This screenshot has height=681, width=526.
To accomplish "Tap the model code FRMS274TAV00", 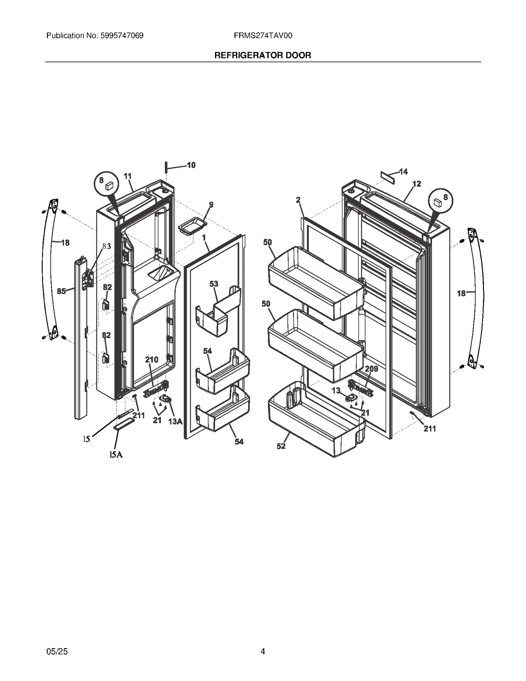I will pos(263,36).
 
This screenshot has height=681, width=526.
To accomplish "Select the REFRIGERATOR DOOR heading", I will pos(263,55).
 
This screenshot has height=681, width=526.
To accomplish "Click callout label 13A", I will pos(175,421).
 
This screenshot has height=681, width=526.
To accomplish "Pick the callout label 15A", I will pos(116,454).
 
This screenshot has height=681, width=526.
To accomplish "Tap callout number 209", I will pos(371,369).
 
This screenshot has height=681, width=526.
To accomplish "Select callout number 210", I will pos(152,359).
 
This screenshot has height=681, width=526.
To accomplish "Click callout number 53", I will pos(214,283).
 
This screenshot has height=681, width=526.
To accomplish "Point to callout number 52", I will pos(281,446).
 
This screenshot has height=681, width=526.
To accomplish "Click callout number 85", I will pos(61,291).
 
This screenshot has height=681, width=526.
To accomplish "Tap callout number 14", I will pos(403,171).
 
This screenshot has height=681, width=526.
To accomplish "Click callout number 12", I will pos(417,184).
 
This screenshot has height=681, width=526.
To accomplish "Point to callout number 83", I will pos(106,246).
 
